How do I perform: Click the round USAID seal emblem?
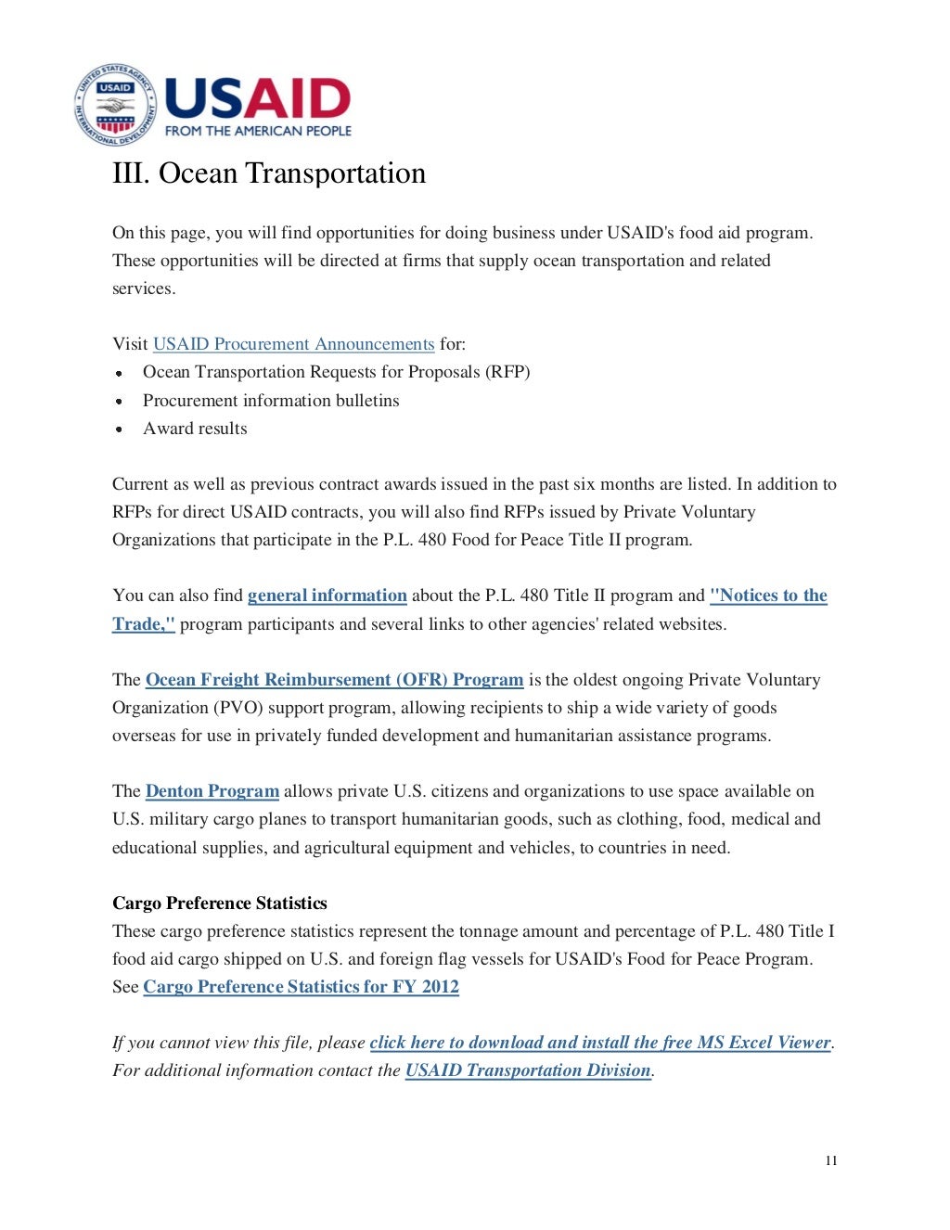point(115,106)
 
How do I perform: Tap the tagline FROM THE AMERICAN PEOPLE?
point(258,132)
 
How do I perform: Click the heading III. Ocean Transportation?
point(269,173)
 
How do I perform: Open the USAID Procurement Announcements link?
point(293,344)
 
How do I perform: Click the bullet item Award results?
point(195,429)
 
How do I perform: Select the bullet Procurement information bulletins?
point(271,401)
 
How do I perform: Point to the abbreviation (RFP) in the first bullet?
point(508,372)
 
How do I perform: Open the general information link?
point(327,596)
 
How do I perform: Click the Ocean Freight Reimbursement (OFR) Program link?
point(334,680)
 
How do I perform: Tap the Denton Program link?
point(212,791)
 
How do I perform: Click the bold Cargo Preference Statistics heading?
point(220,903)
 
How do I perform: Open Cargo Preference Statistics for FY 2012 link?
point(301,987)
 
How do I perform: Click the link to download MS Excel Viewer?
point(599,1043)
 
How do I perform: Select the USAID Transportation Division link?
point(528,1070)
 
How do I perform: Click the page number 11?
point(831,1160)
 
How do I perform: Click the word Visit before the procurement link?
point(130,344)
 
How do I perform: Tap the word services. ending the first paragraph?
point(144,288)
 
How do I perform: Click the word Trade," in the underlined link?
point(143,624)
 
